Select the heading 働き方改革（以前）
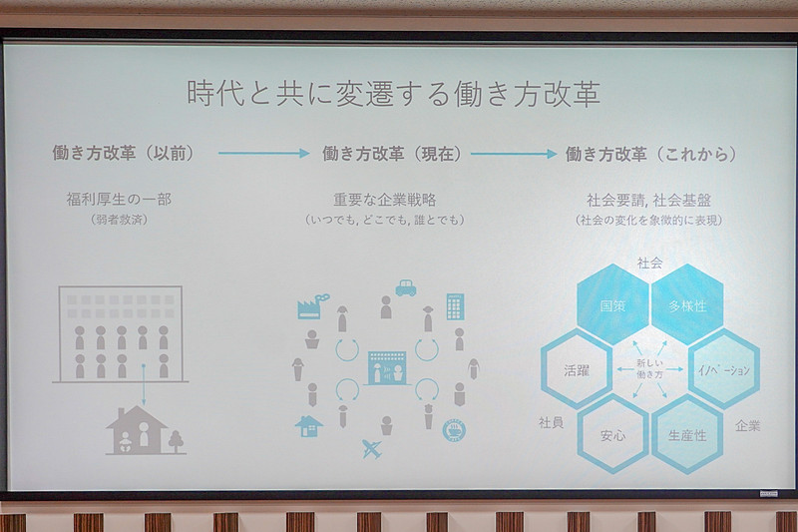123,154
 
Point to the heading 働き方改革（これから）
651,154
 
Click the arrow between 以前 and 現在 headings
264,154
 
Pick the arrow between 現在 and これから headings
514,154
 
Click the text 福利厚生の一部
117,200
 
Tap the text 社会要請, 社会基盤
648,200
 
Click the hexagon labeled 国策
612,304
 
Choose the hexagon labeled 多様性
686,305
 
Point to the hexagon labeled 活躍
576,369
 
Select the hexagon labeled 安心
612,434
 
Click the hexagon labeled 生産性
686,434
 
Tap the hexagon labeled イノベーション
724,369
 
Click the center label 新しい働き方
649,369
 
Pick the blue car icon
405,287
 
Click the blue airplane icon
371,448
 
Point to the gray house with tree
146,430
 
